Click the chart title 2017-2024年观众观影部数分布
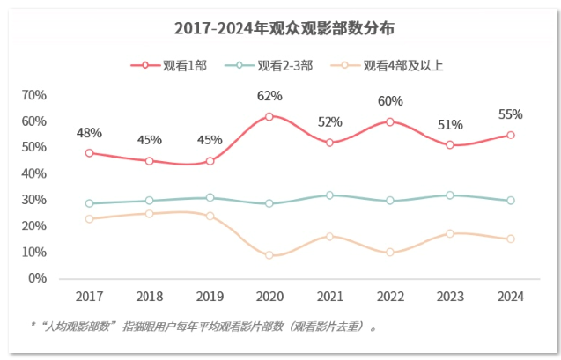(x=279, y=29)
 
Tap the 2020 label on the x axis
(x=269, y=297)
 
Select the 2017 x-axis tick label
(x=89, y=297)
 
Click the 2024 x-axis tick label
(x=510, y=297)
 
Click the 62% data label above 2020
(x=269, y=96)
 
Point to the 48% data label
(x=89, y=133)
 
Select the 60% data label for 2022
(x=390, y=101)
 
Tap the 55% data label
(x=510, y=114)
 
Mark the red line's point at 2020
(x=269, y=116)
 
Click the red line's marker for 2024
(x=510, y=136)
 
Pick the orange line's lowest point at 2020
(x=269, y=255)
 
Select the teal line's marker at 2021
(x=329, y=195)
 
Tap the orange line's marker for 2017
(x=89, y=218)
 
